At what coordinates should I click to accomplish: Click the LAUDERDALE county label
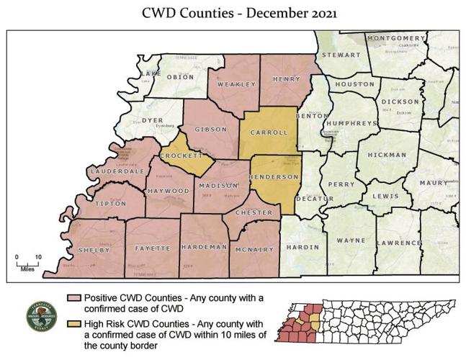[x=118, y=171]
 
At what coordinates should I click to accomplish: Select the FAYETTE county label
[x=153, y=248]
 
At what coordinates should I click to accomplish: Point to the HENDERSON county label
[x=273, y=176]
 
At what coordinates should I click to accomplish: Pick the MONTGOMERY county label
[x=395, y=37]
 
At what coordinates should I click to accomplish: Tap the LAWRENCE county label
[x=397, y=243]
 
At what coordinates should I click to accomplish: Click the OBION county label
[x=180, y=77]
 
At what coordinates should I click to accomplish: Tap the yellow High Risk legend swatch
[x=73, y=323]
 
